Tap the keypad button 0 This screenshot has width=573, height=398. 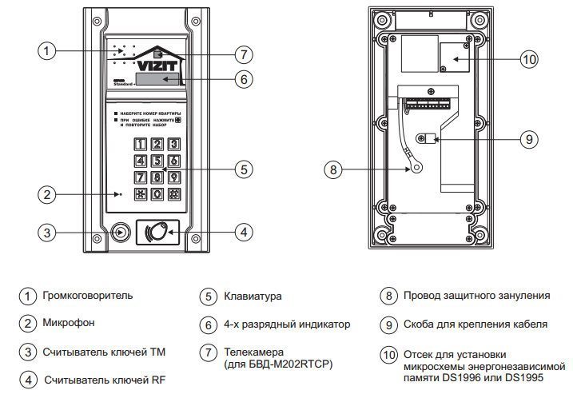[157, 193]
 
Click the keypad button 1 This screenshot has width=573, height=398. [141, 145]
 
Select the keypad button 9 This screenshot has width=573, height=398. [173, 177]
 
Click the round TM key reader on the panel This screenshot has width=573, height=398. [121, 232]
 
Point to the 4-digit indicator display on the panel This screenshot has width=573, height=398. [158, 78]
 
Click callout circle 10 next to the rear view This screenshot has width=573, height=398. [529, 58]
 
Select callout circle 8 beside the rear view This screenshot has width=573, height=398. [335, 169]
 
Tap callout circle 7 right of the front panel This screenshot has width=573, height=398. [245, 54]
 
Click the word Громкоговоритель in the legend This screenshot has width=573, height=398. [89, 296]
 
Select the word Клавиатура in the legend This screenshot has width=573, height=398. [253, 296]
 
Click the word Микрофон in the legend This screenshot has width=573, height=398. [70, 324]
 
